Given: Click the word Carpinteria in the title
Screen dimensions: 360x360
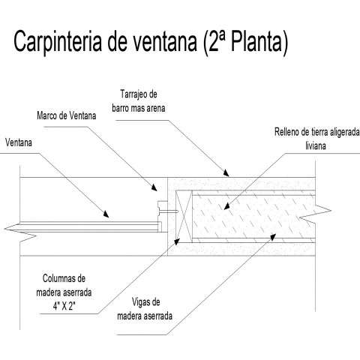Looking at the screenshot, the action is click(58, 41).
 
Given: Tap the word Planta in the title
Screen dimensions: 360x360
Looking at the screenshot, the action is click(256, 40).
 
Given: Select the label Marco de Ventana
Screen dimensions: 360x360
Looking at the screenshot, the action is click(67, 115).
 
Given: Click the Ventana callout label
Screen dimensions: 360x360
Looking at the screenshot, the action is click(19, 142).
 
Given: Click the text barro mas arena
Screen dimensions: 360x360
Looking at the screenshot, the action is click(139, 108).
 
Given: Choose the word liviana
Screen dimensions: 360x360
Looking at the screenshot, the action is click(316, 145).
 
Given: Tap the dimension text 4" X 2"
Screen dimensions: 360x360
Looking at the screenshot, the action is click(64, 306).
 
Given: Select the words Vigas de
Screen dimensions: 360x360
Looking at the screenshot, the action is click(146, 302).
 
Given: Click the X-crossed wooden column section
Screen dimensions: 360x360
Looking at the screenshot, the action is click(184, 216).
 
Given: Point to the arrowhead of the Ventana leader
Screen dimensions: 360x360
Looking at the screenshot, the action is click(106, 214).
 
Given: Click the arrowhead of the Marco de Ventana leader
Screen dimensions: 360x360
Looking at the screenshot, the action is click(154, 187).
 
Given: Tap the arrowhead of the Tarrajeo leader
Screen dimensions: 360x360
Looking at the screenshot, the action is click(226, 172).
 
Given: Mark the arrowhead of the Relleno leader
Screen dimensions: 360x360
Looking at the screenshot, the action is click(226, 206).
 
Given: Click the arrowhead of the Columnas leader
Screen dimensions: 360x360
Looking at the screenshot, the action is click(177, 241).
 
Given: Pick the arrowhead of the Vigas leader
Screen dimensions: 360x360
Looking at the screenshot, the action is click(273, 236).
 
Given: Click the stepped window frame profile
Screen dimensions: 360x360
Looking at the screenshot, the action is click(162, 216).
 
